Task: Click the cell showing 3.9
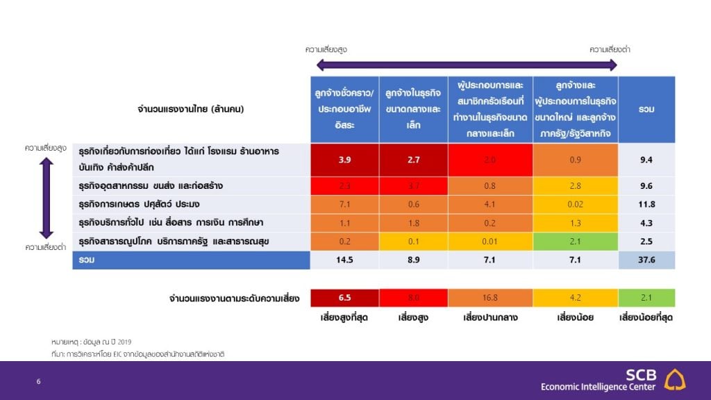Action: [344, 160]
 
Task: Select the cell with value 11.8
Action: [646, 204]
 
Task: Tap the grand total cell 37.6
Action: [646, 260]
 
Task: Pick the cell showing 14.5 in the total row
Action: [344, 260]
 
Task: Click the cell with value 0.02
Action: [575, 204]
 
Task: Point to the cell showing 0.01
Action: [490, 241]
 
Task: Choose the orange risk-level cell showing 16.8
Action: [490, 298]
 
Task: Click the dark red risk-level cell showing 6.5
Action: [344, 298]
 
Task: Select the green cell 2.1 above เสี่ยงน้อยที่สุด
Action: [646, 298]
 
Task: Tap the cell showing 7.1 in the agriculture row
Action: [344, 204]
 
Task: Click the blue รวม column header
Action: [646, 109]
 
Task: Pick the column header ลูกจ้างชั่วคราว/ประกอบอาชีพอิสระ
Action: [344, 109]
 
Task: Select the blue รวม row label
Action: [191, 260]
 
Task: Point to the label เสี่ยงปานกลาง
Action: [490, 318]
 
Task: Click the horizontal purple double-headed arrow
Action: [467, 65]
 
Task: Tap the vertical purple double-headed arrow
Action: [46, 198]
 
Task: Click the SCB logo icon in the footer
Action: [674, 379]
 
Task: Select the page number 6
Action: [39, 381]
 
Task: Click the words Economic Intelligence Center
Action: [598, 387]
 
